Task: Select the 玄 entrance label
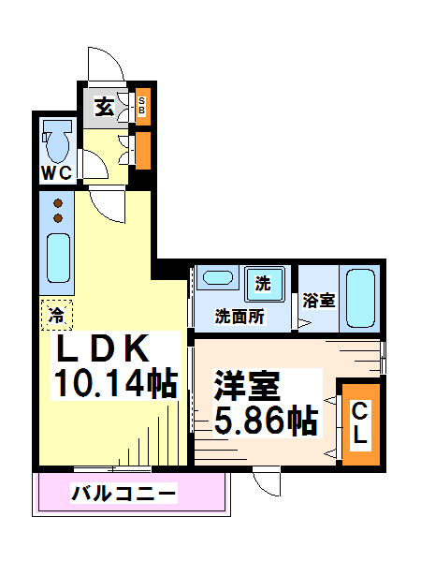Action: click(105, 107)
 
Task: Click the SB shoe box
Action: click(142, 106)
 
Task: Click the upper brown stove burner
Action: click(58, 203)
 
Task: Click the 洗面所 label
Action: click(240, 317)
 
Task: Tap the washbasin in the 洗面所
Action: click(218, 278)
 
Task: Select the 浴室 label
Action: click(319, 301)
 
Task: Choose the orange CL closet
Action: click(359, 423)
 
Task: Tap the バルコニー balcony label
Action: click(123, 493)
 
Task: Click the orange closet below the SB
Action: click(142, 150)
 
